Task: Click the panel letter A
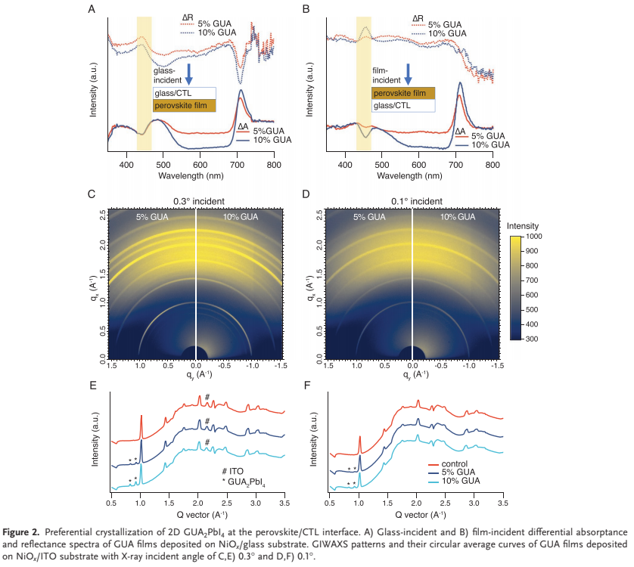click(x=92, y=9)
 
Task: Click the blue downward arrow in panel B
click(x=408, y=74)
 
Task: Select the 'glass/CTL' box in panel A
click(x=185, y=94)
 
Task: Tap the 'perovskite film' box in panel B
click(x=403, y=93)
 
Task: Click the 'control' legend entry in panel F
click(x=457, y=464)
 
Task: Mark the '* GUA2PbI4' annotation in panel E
click(x=235, y=482)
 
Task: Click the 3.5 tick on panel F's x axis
click(x=501, y=502)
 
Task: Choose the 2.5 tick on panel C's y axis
click(x=103, y=215)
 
